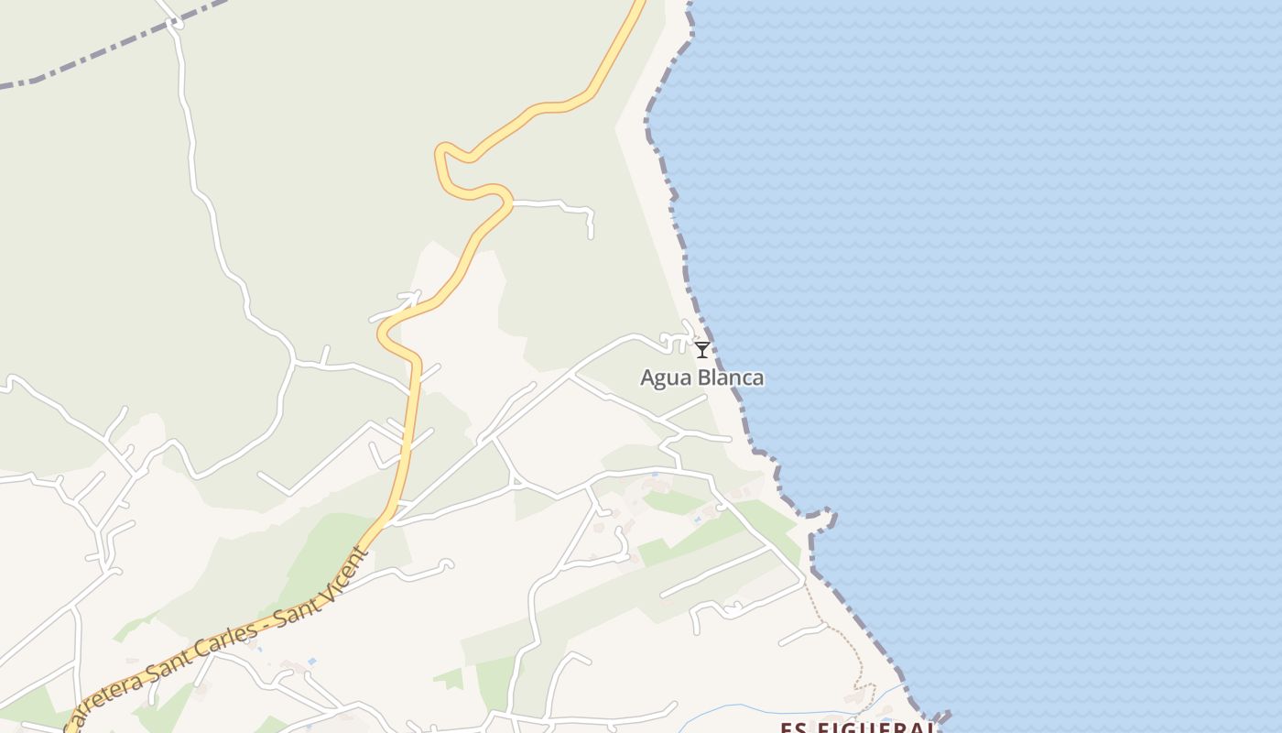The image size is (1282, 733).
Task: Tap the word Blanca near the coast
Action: (731, 377)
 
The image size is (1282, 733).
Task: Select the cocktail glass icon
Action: (702, 349)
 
